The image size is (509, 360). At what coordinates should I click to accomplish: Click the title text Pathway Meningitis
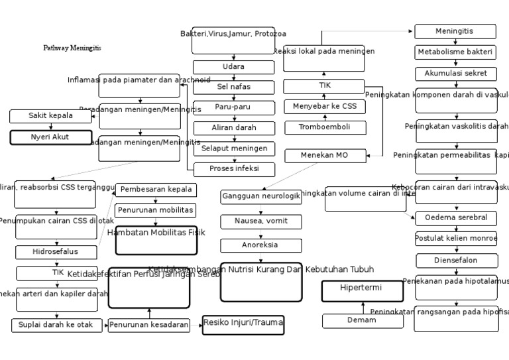click(72, 48)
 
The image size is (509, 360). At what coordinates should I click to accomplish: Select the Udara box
click(233, 67)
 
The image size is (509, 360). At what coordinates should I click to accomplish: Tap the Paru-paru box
click(233, 107)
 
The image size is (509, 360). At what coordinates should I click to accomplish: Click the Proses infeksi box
click(234, 169)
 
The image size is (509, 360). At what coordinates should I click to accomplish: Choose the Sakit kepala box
click(50, 116)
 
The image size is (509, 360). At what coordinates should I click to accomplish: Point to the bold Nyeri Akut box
click(50, 137)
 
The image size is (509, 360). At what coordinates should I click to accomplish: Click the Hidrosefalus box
click(56, 252)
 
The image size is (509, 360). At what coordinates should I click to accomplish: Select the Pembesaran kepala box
click(156, 190)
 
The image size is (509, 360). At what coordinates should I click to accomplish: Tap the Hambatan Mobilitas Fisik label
click(156, 233)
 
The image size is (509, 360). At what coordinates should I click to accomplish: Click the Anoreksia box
click(260, 245)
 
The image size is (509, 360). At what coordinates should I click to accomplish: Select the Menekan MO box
click(324, 156)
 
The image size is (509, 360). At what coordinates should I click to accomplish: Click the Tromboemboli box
click(324, 127)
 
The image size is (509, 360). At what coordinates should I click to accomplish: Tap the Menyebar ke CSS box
click(324, 106)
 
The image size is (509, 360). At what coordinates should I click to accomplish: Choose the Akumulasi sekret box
click(456, 74)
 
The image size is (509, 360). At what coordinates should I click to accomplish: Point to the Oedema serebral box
click(456, 218)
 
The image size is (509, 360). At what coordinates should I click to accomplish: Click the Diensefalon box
click(456, 261)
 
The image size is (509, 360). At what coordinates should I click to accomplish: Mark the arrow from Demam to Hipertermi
click(363, 308)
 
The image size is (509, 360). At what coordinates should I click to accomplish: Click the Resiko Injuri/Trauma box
click(243, 324)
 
